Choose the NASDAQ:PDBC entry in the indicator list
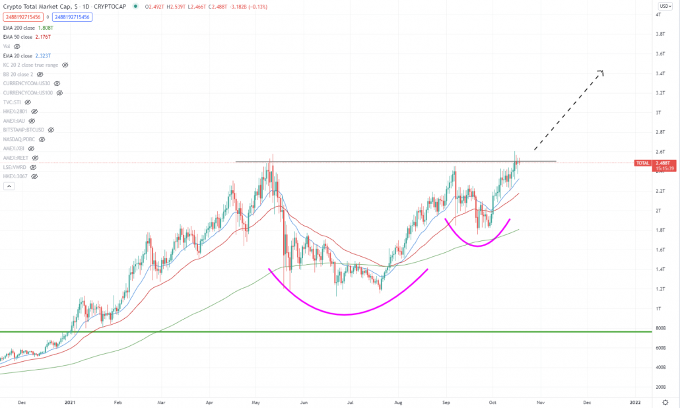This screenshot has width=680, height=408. tap(19, 139)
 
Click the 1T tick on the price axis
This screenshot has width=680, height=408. tap(658, 308)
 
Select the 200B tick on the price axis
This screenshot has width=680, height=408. tap(660, 387)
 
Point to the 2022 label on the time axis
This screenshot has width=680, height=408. tap(635, 401)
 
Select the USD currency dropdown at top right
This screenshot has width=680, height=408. tap(664, 6)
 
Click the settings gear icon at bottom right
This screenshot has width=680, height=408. tap(664, 401)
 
